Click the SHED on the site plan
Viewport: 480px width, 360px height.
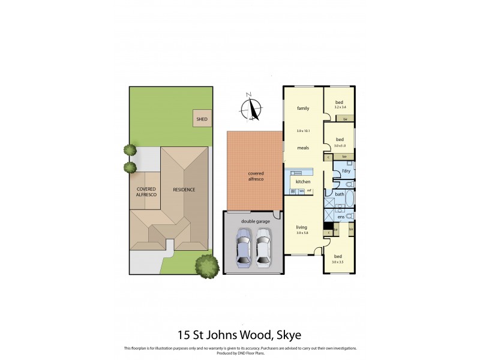[202, 119]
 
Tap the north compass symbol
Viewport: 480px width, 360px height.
[251, 109]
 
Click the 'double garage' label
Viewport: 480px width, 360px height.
[255, 221]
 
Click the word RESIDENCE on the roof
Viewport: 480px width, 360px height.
[184, 190]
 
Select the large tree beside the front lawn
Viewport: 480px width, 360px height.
[207, 265]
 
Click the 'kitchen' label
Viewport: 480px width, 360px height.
[303, 181]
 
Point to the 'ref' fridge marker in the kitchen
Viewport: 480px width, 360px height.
[309, 191]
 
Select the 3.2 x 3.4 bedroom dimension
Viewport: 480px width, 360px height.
[340, 107]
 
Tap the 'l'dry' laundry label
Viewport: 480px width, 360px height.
[346, 172]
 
